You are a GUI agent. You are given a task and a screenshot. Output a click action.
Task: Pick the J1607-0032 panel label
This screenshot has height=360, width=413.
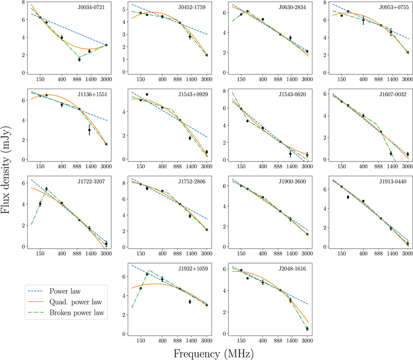391,98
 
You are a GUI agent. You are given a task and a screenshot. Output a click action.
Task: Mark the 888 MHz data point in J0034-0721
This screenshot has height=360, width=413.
79,59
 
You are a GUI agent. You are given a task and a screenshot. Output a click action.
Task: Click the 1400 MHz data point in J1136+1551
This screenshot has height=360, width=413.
89,130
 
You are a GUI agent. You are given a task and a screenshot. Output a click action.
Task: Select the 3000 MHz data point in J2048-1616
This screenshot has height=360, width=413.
307,328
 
